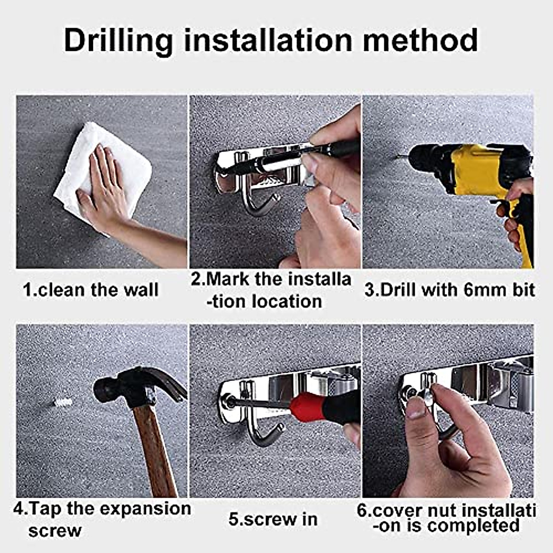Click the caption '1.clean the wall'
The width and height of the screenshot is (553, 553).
point(91,290)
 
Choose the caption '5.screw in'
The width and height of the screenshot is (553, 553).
point(273,519)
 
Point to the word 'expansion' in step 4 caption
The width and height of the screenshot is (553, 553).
point(145,509)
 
